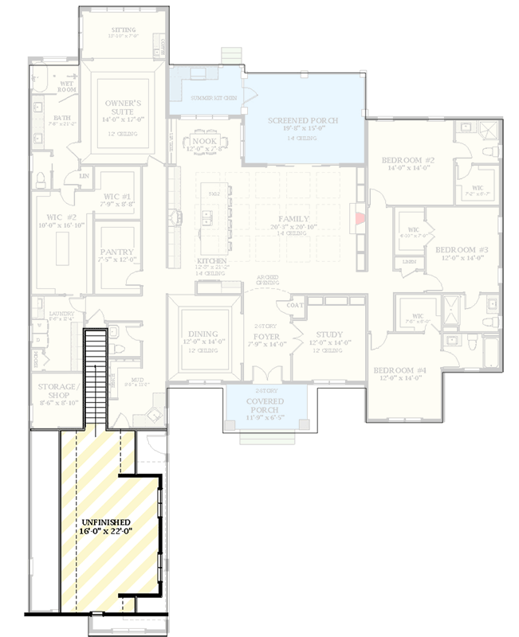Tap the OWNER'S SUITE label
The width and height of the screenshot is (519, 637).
click(124, 107)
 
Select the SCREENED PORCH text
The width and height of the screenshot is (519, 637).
click(303, 120)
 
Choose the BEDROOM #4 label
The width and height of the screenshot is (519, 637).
click(400, 369)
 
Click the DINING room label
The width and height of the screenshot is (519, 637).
click(203, 334)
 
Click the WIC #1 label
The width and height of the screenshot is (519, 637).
click(117, 197)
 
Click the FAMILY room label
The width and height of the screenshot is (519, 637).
click(293, 219)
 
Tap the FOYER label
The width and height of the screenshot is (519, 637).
click(265, 336)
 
